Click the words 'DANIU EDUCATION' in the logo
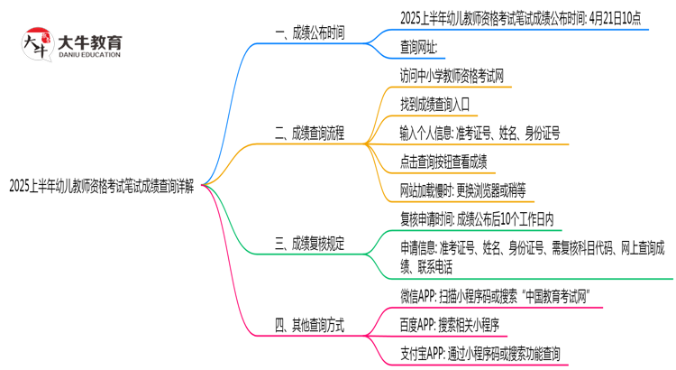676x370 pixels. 90,54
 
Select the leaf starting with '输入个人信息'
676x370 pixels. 480,133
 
